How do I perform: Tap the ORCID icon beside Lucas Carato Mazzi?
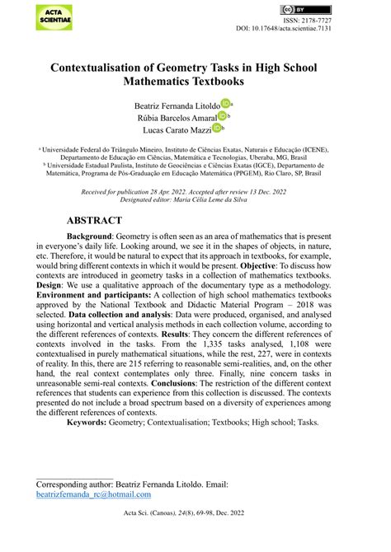[x=218, y=129]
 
